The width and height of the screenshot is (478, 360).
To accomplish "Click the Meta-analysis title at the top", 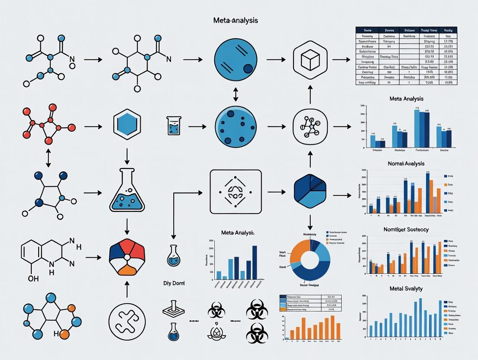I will point(236,20).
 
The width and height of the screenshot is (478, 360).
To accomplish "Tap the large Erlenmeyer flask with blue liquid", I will point(127,190).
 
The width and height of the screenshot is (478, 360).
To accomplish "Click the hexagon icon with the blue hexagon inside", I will point(127,124).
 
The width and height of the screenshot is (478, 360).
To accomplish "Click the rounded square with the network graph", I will point(309,127).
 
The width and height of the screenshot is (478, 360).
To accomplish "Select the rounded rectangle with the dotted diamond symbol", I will point(236,191).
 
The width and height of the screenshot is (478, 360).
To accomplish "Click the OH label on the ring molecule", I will point(33,279).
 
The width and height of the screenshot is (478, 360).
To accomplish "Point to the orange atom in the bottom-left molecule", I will point(64,334).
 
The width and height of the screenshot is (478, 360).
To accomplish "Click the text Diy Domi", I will point(174,283).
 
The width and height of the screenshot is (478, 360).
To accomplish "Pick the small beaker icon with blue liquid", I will point(174,125).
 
